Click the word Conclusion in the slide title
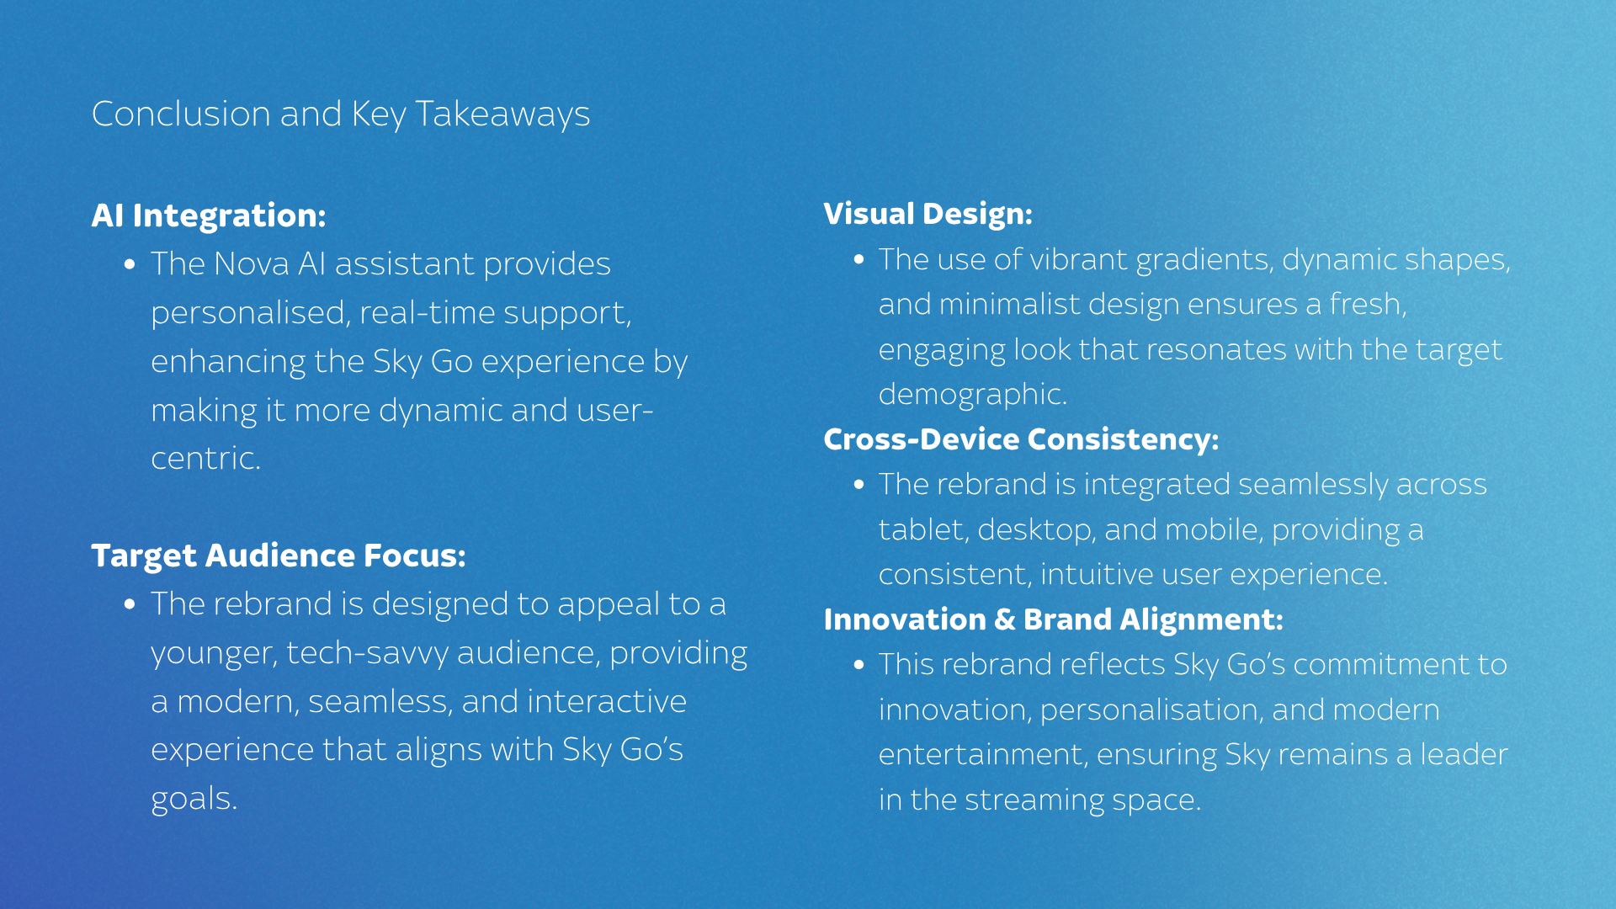pos(181,114)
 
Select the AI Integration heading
pos(209,215)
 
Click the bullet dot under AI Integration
pos(130,264)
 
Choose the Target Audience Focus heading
pos(279,555)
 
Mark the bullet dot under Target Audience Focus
pos(130,604)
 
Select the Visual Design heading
pos(928,214)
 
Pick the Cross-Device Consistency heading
pos(1021,439)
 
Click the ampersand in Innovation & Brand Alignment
pos(1005,620)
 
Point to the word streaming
pos(1034,800)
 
